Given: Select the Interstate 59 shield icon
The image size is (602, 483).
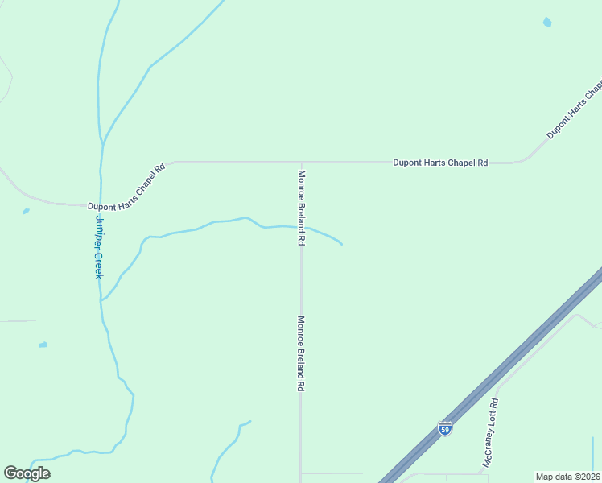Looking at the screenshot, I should point(445,428).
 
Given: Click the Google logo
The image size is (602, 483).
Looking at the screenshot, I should point(27,473).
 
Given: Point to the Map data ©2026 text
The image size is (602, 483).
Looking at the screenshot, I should point(567,477).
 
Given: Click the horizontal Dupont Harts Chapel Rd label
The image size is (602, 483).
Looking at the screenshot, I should point(440,163).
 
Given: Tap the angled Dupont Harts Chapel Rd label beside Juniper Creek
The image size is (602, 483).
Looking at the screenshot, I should point(127,188).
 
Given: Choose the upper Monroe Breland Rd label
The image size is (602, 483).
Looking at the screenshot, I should point(301,208).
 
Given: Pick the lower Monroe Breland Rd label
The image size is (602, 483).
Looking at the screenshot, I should point(301,353).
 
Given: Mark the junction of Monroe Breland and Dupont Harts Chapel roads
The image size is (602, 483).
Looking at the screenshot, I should point(301,163).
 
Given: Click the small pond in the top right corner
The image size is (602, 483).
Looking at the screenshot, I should point(547,23).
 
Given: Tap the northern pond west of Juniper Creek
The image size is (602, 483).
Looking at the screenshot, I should point(26,211).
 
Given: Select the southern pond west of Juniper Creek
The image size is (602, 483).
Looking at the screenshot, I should point(43,345).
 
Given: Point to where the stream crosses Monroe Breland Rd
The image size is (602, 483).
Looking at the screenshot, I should point(301,227).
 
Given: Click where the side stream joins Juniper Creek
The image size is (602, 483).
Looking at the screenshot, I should point(101,300).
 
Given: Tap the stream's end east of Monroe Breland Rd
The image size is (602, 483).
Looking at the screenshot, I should point(343,244).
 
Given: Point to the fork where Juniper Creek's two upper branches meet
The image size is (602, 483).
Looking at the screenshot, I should point(102,143).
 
